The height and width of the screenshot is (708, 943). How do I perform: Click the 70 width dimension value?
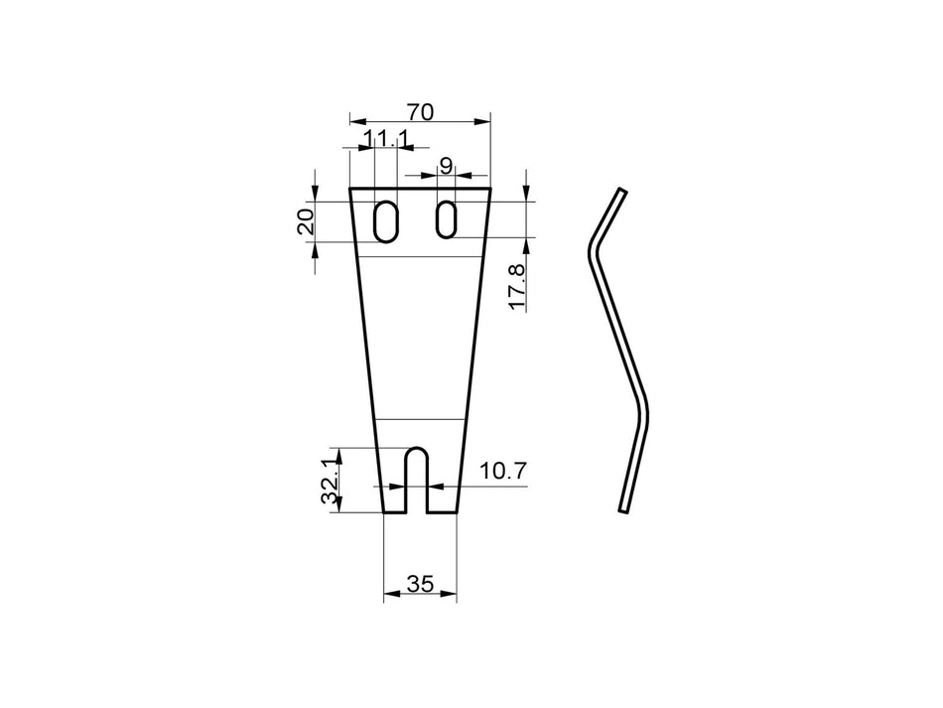pyautogui.click(x=420, y=112)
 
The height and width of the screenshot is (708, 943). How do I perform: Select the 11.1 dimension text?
pyautogui.click(x=385, y=139)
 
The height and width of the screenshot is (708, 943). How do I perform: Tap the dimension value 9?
pyautogui.click(x=446, y=167)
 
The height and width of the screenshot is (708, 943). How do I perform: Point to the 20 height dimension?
pyautogui.click(x=307, y=219)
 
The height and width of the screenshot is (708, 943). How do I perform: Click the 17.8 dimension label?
pyautogui.click(x=516, y=286)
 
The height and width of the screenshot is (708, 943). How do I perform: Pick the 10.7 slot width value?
pyautogui.click(x=502, y=471)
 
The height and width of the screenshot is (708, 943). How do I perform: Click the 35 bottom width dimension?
pyautogui.click(x=420, y=585)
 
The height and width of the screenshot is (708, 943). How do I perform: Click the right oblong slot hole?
pyautogui.click(x=447, y=219)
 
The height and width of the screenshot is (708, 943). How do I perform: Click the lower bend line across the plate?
pyautogui.click(x=420, y=418)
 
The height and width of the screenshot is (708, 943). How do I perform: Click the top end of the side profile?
pyautogui.click(x=622, y=191)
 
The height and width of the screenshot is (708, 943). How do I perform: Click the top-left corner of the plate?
pyautogui.click(x=350, y=189)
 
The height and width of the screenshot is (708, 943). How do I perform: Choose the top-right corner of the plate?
pyautogui.click(x=490, y=188)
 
